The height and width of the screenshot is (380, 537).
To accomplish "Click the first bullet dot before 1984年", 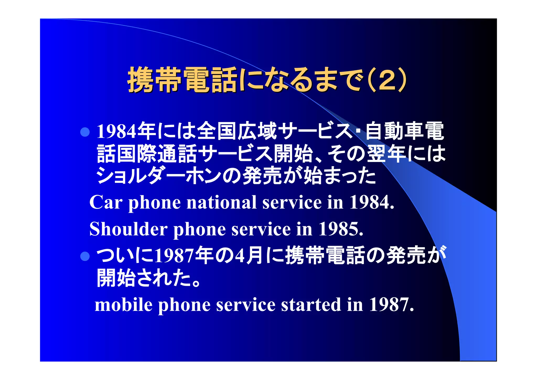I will coord(85,132).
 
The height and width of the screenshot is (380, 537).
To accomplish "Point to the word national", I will coord(221,202).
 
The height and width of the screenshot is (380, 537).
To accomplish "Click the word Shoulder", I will coord(128,229).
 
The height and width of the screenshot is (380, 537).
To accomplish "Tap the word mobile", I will coord(123,305).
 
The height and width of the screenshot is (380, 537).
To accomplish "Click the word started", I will coord(311,305).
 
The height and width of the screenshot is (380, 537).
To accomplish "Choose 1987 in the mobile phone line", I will coord(391,305).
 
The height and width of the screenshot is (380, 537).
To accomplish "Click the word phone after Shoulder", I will coord(199,229).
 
